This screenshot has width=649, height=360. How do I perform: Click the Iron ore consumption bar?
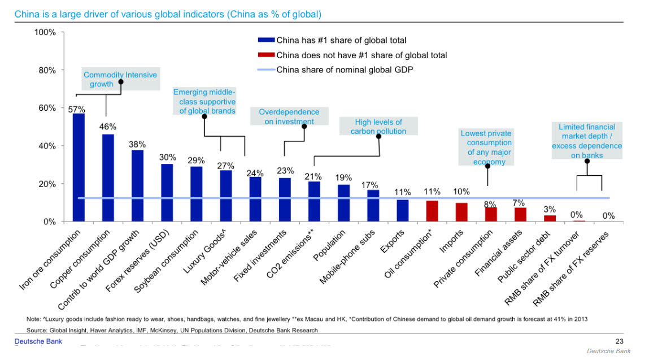coord(79,168)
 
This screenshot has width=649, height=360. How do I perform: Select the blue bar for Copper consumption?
coord(108,178)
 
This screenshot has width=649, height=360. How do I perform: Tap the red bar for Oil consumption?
coord(432,211)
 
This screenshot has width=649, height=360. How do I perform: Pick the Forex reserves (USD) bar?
coord(167,193)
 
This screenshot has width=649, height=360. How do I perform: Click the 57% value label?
coord(77,109)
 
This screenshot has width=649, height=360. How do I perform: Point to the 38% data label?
coord(137,144)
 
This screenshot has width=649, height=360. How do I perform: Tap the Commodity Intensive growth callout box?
coord(120,80)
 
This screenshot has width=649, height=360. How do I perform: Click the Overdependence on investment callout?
coord(289,116)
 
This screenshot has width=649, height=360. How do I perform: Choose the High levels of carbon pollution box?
coord(378,127)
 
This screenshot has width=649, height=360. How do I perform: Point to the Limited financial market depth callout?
coord(587,141)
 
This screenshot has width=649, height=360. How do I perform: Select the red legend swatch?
coord(266,55)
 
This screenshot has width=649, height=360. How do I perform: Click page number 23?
coord(618,341)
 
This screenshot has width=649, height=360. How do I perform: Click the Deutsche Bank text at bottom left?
coord(38,341)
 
